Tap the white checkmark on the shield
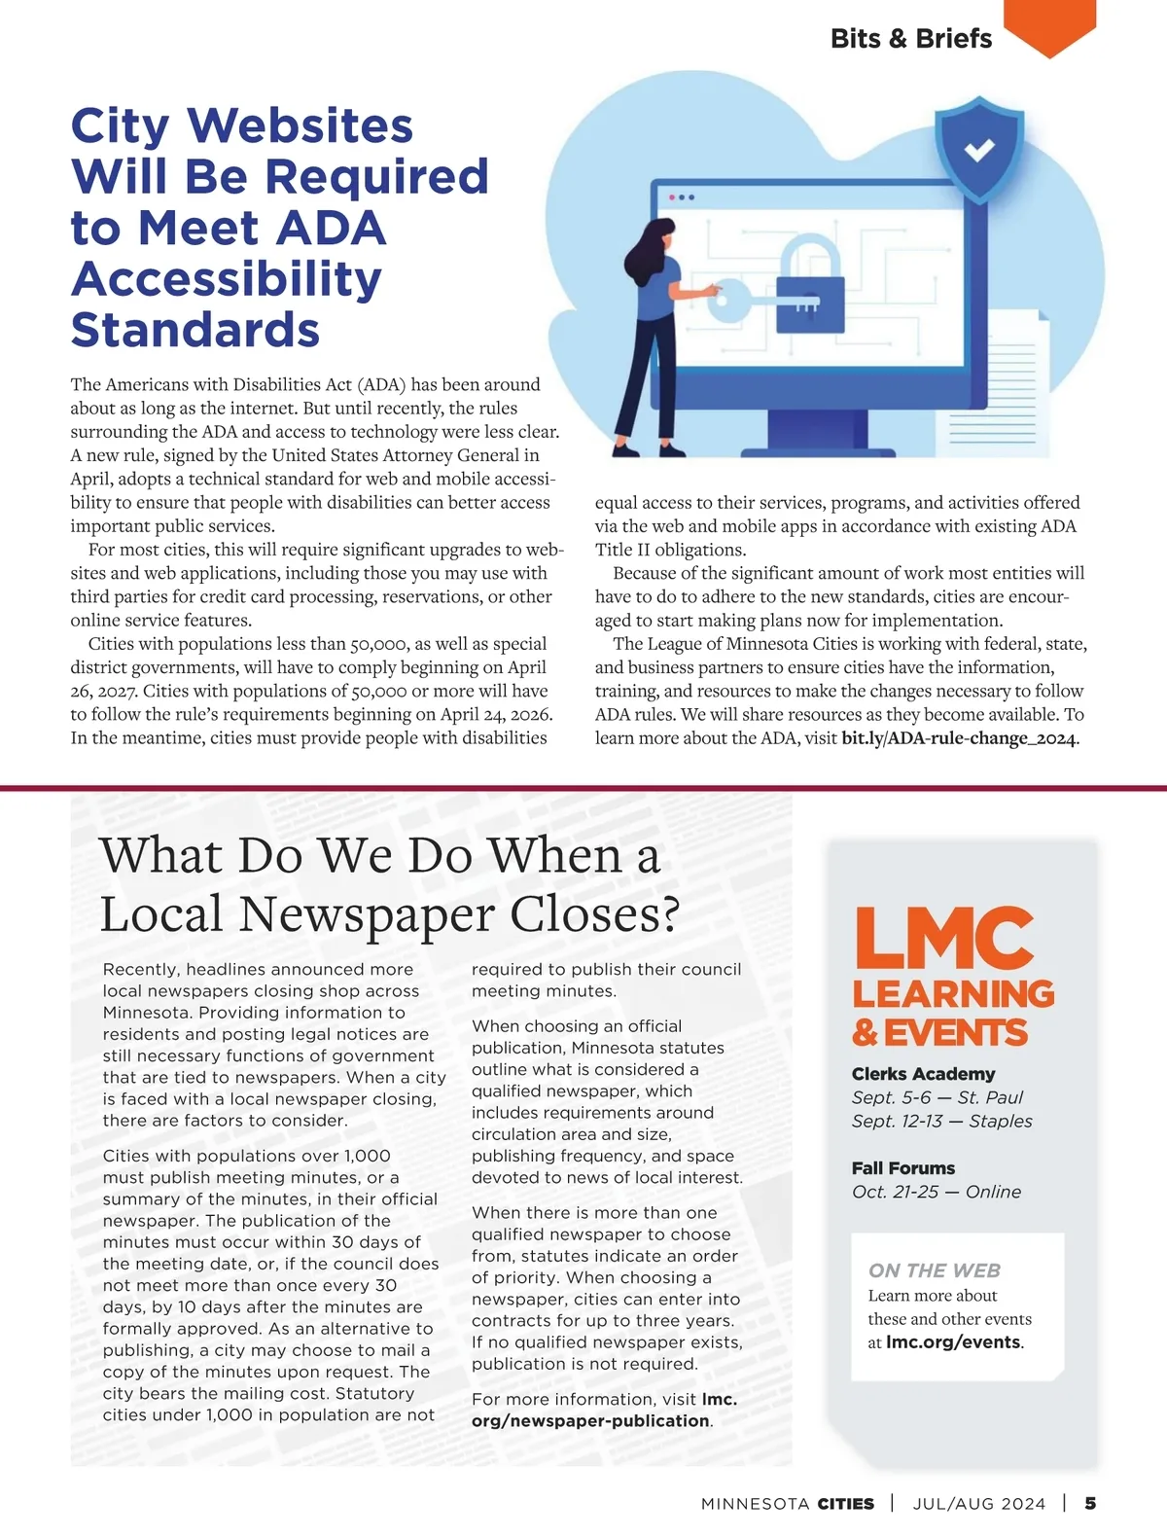tap(978, 150)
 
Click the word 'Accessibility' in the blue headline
tap(227, 279)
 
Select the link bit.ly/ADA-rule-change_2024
tap(959, 738)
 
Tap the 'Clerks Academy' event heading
tap(923, 1074)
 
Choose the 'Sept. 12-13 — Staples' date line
tap(941, 1121)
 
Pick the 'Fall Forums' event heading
tap(902, 1168)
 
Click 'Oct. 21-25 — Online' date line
tap(936, 1192)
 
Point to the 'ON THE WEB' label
tap(934, 1270)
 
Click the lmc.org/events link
tap(953, 1342)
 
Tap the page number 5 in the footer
tap(1090, 1503)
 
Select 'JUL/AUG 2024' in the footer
tap(978, 1504)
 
